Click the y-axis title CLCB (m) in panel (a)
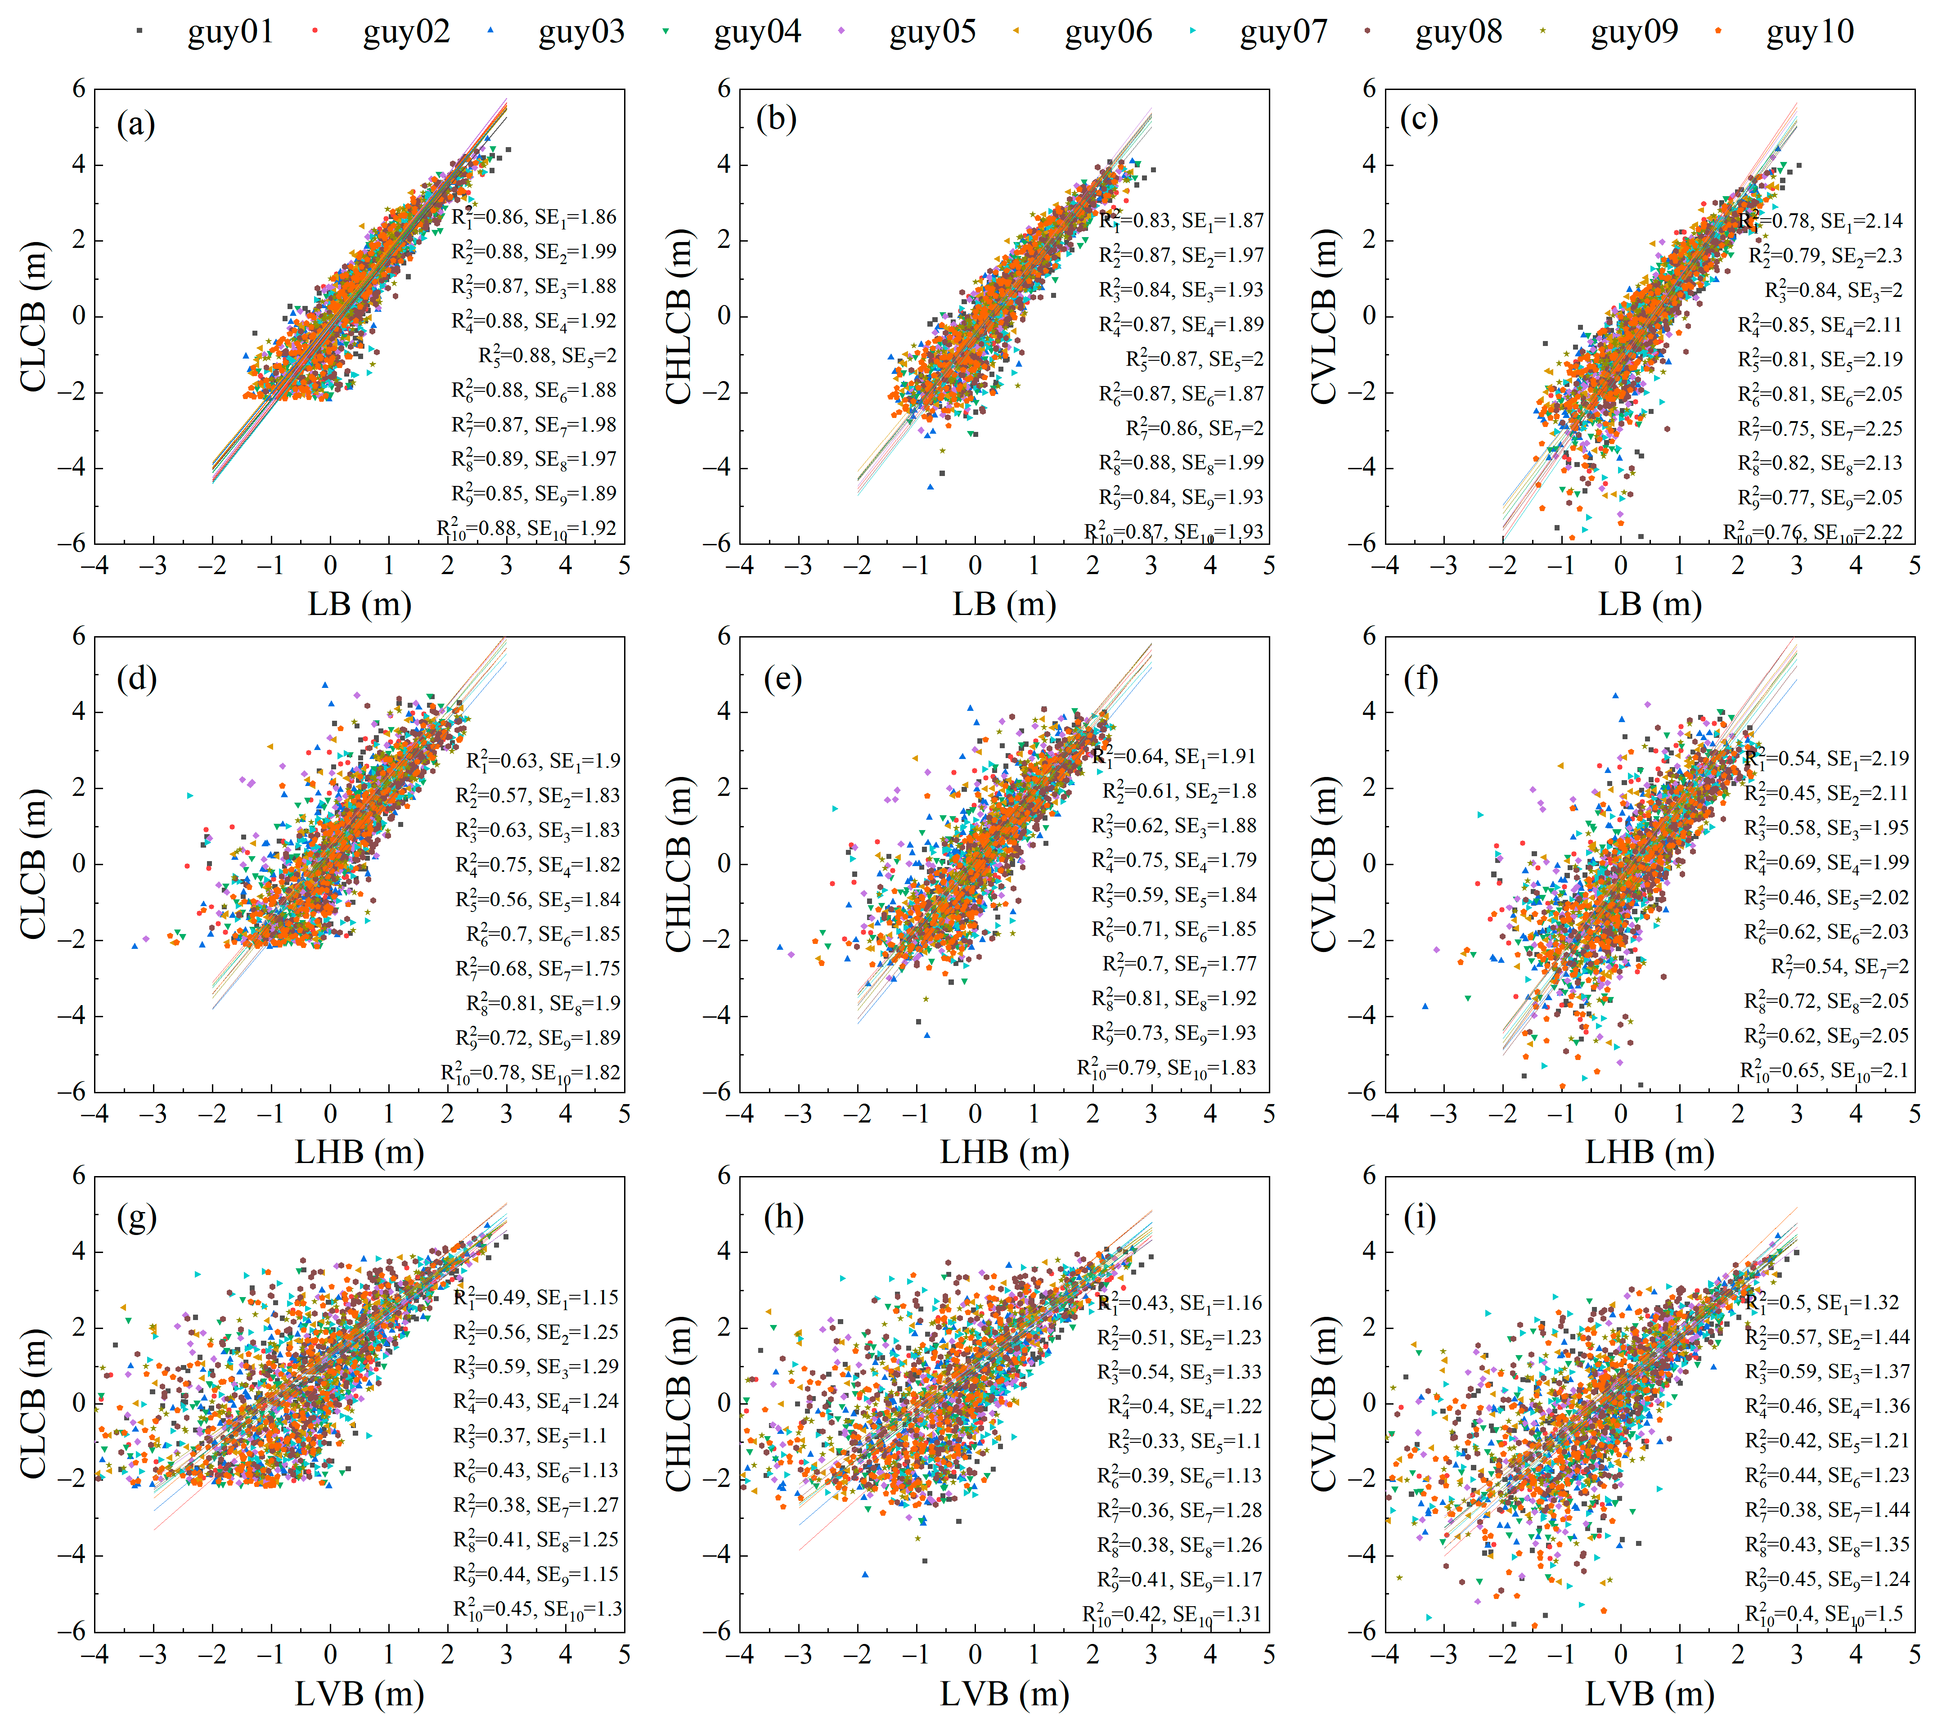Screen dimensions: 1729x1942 coord(33,316)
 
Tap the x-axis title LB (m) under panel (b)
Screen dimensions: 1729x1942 coord(1004,604)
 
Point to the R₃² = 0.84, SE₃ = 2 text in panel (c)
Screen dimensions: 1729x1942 coord(1834,290)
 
